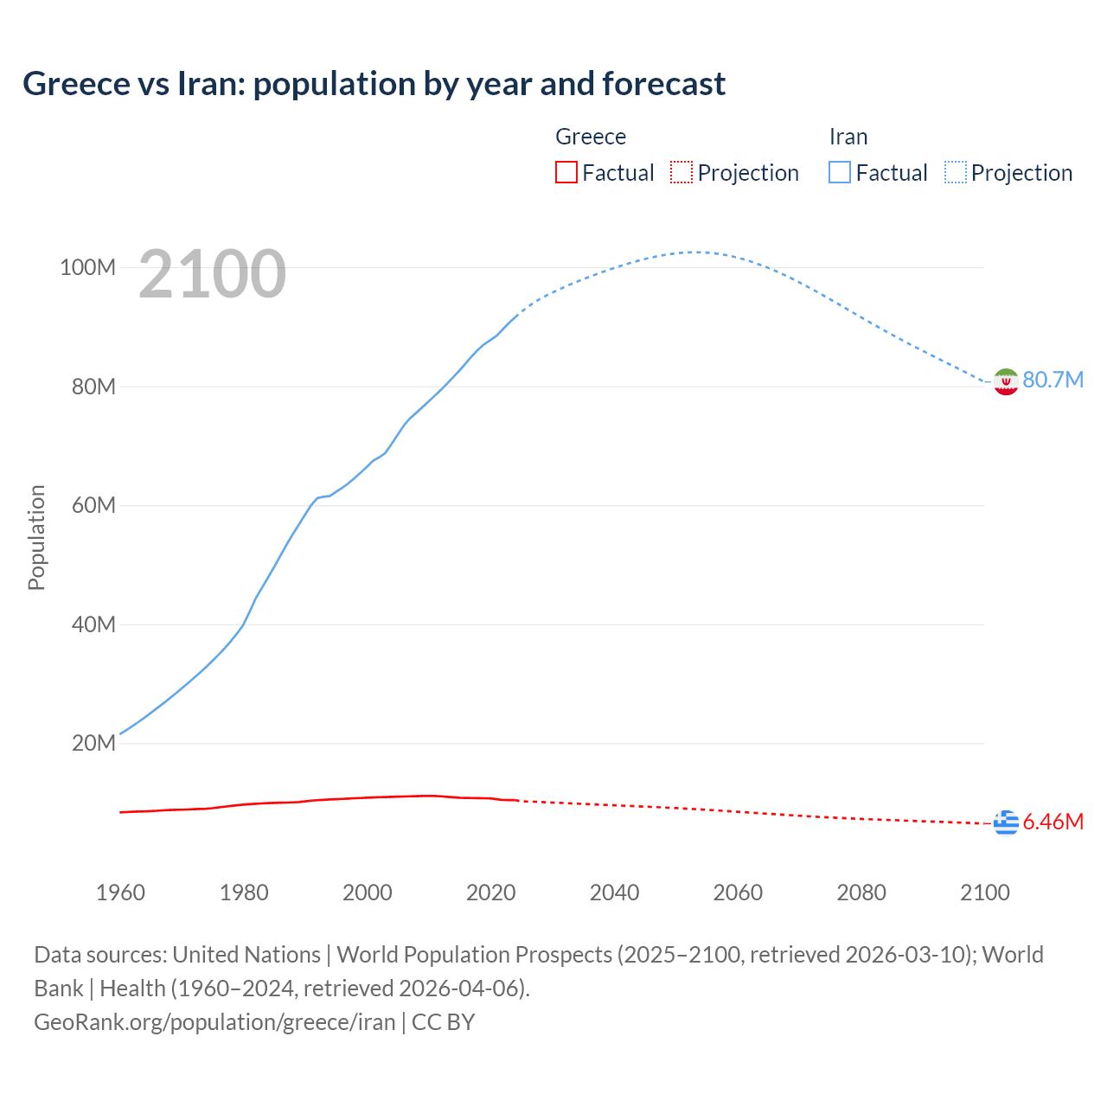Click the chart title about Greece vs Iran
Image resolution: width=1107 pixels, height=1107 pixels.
374,84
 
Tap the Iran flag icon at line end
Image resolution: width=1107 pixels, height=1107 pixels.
1006,381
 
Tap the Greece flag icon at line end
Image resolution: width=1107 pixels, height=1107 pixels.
1006,822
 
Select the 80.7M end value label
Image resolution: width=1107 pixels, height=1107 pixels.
1053,381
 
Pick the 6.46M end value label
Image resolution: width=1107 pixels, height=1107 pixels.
1053,822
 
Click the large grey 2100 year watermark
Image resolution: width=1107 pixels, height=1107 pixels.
212,274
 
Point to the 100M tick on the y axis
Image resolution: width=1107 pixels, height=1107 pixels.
87,268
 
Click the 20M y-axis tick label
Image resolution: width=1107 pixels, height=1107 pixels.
93,744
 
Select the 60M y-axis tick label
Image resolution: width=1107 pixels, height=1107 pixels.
93,506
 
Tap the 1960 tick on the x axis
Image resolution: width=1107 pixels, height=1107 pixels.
120,893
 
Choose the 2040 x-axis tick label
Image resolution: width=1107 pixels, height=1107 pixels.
614,893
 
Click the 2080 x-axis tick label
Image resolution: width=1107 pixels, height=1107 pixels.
861,893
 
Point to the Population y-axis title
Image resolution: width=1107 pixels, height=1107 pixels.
36,537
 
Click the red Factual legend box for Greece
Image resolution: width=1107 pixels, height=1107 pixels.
566,173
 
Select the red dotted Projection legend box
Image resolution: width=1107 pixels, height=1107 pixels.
681,173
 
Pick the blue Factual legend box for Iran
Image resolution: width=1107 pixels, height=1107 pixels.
840,173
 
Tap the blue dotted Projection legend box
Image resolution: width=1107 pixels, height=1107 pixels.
956,173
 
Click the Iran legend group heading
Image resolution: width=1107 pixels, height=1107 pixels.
848,137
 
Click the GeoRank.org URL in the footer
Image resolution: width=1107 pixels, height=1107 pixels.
214,1022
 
